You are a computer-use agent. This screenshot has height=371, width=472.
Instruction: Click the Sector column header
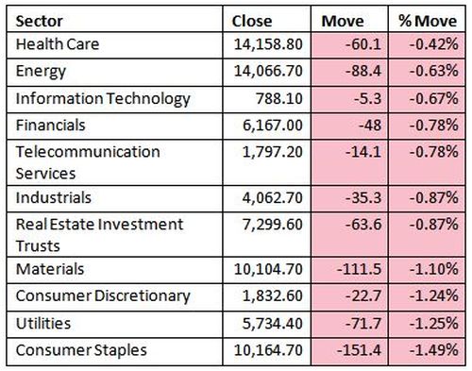click(x=40, y=22)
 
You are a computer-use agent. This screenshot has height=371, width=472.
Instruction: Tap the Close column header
click(x=252, y=22)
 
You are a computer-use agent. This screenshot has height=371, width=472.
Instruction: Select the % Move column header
click(x=428, y=22)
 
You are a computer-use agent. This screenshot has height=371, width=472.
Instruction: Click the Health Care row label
click(x=58, y=44)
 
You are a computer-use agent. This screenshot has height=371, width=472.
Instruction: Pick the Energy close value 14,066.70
click(x=268, y=71)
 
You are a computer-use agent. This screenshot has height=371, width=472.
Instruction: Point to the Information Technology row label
click(x=103, y=99)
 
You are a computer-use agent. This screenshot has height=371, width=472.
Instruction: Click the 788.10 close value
click(x=279, y=98)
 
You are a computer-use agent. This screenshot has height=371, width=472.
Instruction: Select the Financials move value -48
click(x=370, y=126)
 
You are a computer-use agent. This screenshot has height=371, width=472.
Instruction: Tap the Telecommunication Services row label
click(x=88, y=162)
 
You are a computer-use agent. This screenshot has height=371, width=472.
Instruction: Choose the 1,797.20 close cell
click(x=273, y=152)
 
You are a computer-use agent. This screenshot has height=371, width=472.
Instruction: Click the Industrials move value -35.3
click(x=363, y=198)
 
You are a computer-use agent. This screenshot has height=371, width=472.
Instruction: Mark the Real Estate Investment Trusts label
click(x=99, y=235)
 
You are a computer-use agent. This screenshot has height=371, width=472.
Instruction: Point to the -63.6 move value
click(x=363, y=225)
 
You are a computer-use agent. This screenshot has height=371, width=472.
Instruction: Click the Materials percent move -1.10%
click(x=433, y=269)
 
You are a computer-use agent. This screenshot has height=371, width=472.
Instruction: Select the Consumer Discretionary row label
click(x=103, y=296)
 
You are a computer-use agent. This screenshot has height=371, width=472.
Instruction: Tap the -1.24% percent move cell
click(x=433, y=295)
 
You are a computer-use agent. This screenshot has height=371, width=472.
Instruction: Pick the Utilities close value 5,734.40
click(x=273, y=324)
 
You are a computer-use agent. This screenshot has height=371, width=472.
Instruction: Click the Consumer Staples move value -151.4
click(x=359, y=350)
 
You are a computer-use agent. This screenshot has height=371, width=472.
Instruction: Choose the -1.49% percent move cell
click(x=433, y=350)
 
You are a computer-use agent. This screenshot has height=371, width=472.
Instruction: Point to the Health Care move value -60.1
click(x=363, y=44)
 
